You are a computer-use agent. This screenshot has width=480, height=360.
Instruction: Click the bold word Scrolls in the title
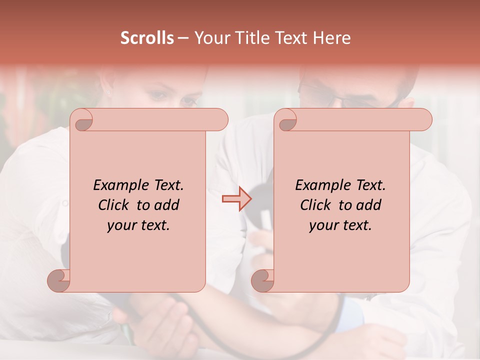pyautogui.click(x=147, y=38)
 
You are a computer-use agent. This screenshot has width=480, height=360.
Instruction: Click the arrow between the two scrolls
pyautogui.click(x=236, y=198)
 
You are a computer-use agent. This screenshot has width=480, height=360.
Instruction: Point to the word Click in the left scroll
pyautogui.click(x=115, y=205)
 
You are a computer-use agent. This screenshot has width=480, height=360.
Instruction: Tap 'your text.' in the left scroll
pyautogui.click(x=138, y=225)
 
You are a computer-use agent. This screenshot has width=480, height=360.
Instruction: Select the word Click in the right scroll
pyautogui.click(x=317, y=205)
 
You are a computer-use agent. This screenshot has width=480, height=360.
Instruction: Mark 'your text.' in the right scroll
pyautogui.click(x=340, y=225)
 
